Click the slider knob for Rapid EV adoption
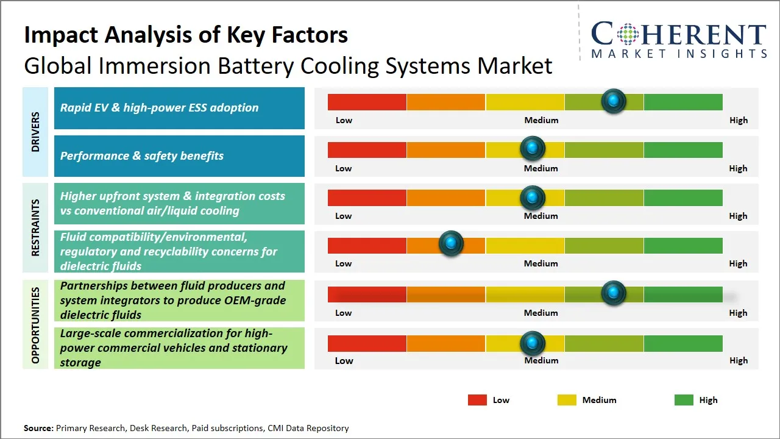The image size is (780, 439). coord(613,101)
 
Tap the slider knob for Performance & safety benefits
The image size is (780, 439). coord(533,148)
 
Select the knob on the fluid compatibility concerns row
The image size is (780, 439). coord(451,244)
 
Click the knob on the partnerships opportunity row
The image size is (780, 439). coord(613,293)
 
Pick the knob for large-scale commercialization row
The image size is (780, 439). coord(533,343)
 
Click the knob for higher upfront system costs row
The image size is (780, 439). coord(533,197)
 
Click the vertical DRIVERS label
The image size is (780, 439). coord(35,132)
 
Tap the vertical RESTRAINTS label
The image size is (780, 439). coord(35,227)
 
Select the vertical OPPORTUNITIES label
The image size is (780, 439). coord(35,325)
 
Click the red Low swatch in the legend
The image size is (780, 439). coord(477,400)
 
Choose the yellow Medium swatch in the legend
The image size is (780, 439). coord(567,400)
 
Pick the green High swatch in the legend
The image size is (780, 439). coord(684,400)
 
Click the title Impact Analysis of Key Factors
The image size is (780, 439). coord(186,35)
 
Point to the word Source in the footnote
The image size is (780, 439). coord(38,428)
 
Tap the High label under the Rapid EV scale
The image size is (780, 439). coord(738,120)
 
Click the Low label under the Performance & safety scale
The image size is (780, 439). coord(344,168)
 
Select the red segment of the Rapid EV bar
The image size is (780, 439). coord(367,102)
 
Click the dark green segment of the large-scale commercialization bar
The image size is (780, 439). coord(682,344)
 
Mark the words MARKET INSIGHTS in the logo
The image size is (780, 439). coord(679,54)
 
